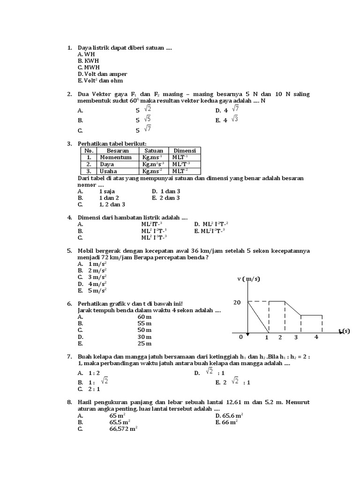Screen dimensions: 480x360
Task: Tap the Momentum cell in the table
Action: click(116, 157)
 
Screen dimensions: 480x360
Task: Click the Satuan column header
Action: click(154, 151)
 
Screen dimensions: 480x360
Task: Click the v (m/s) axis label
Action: click(248, 279)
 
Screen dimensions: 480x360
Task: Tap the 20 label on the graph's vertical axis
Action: click(237, 302)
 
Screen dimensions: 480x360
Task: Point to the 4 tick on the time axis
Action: click(316, 337)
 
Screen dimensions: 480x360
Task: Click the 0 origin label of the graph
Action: click(241, 337)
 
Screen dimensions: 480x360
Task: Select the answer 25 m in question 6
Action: click(144, 344)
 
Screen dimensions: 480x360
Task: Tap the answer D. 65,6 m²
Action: click(229, 416)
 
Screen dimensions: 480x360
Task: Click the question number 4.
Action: click(69, 217)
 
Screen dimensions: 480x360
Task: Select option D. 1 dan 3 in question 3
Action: click(166, 191)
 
